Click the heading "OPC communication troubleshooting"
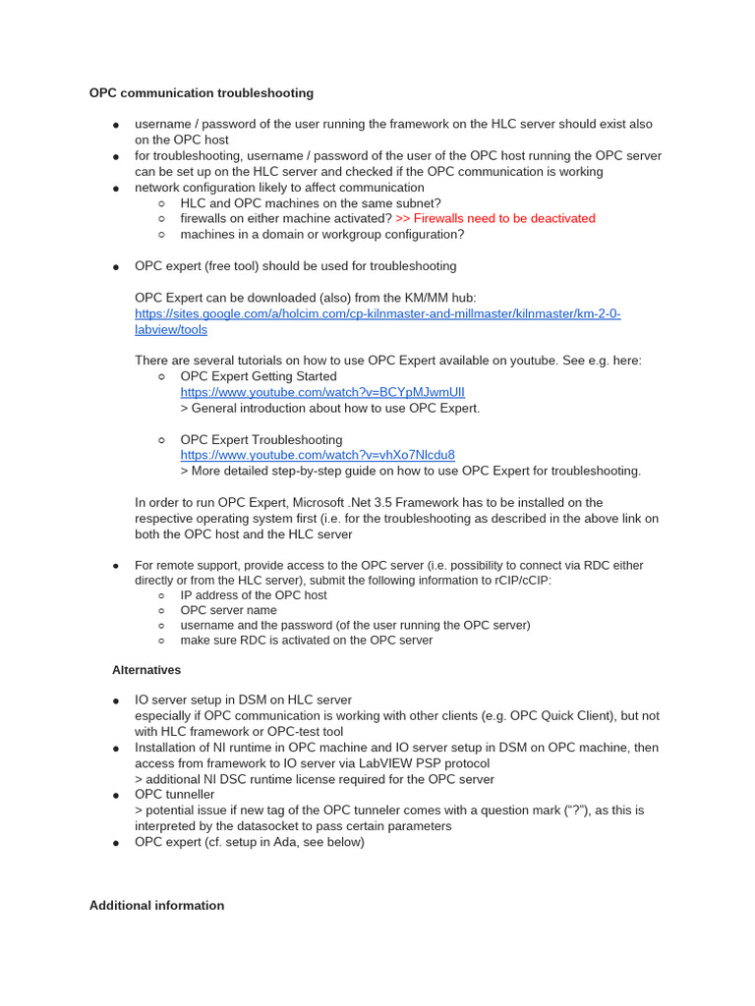(202, 93)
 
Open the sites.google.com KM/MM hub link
(377, 313)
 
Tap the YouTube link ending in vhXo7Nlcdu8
(318, 455)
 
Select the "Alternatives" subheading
(146, 669)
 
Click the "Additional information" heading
(156, 905)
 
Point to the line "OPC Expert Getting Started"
(259, 376)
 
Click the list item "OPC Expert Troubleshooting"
(261, 439)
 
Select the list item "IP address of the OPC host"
(254, 595)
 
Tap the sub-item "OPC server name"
(229, 610)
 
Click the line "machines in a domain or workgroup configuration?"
(322, 234)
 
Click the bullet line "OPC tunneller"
(174, 794)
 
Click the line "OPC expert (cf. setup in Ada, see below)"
(250, 842)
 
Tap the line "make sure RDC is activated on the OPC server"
(307, 640)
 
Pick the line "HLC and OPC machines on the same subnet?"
(311, 202)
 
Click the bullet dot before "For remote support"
(116, 566)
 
